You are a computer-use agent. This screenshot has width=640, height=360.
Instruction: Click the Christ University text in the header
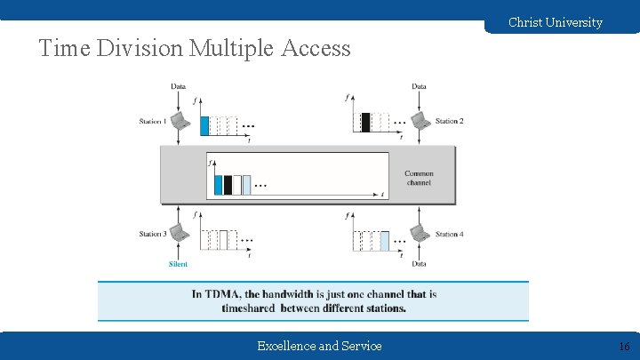[555, 22]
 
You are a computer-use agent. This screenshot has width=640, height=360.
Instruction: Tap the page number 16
[623, 346]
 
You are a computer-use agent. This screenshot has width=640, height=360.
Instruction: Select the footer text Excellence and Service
[319, 346]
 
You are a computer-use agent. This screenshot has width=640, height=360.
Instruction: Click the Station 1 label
[153, 121]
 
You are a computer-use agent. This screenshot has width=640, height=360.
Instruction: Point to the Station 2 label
[449, 121]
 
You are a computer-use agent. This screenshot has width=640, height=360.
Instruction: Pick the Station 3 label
[153, 234]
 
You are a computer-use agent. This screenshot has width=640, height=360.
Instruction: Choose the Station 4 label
[449, 234]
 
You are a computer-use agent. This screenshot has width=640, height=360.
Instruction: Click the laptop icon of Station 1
[179, 120]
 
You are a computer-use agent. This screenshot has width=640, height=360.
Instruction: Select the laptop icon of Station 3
[179, 233]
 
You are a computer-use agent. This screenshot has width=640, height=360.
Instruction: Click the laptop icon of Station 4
[418, 233]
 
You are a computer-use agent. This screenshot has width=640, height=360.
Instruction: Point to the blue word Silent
[178, 264]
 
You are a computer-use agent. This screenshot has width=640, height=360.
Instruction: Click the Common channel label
[418, 178]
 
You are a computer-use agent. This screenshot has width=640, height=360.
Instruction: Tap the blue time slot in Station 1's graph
[204, 125]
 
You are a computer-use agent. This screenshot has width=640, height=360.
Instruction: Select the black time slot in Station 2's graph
[365, 123]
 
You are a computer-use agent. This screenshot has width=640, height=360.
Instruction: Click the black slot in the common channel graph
[228, 185]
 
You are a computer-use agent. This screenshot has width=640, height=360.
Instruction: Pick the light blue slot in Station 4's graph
[384, 240]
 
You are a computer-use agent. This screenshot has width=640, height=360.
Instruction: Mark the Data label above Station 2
[419, 86]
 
